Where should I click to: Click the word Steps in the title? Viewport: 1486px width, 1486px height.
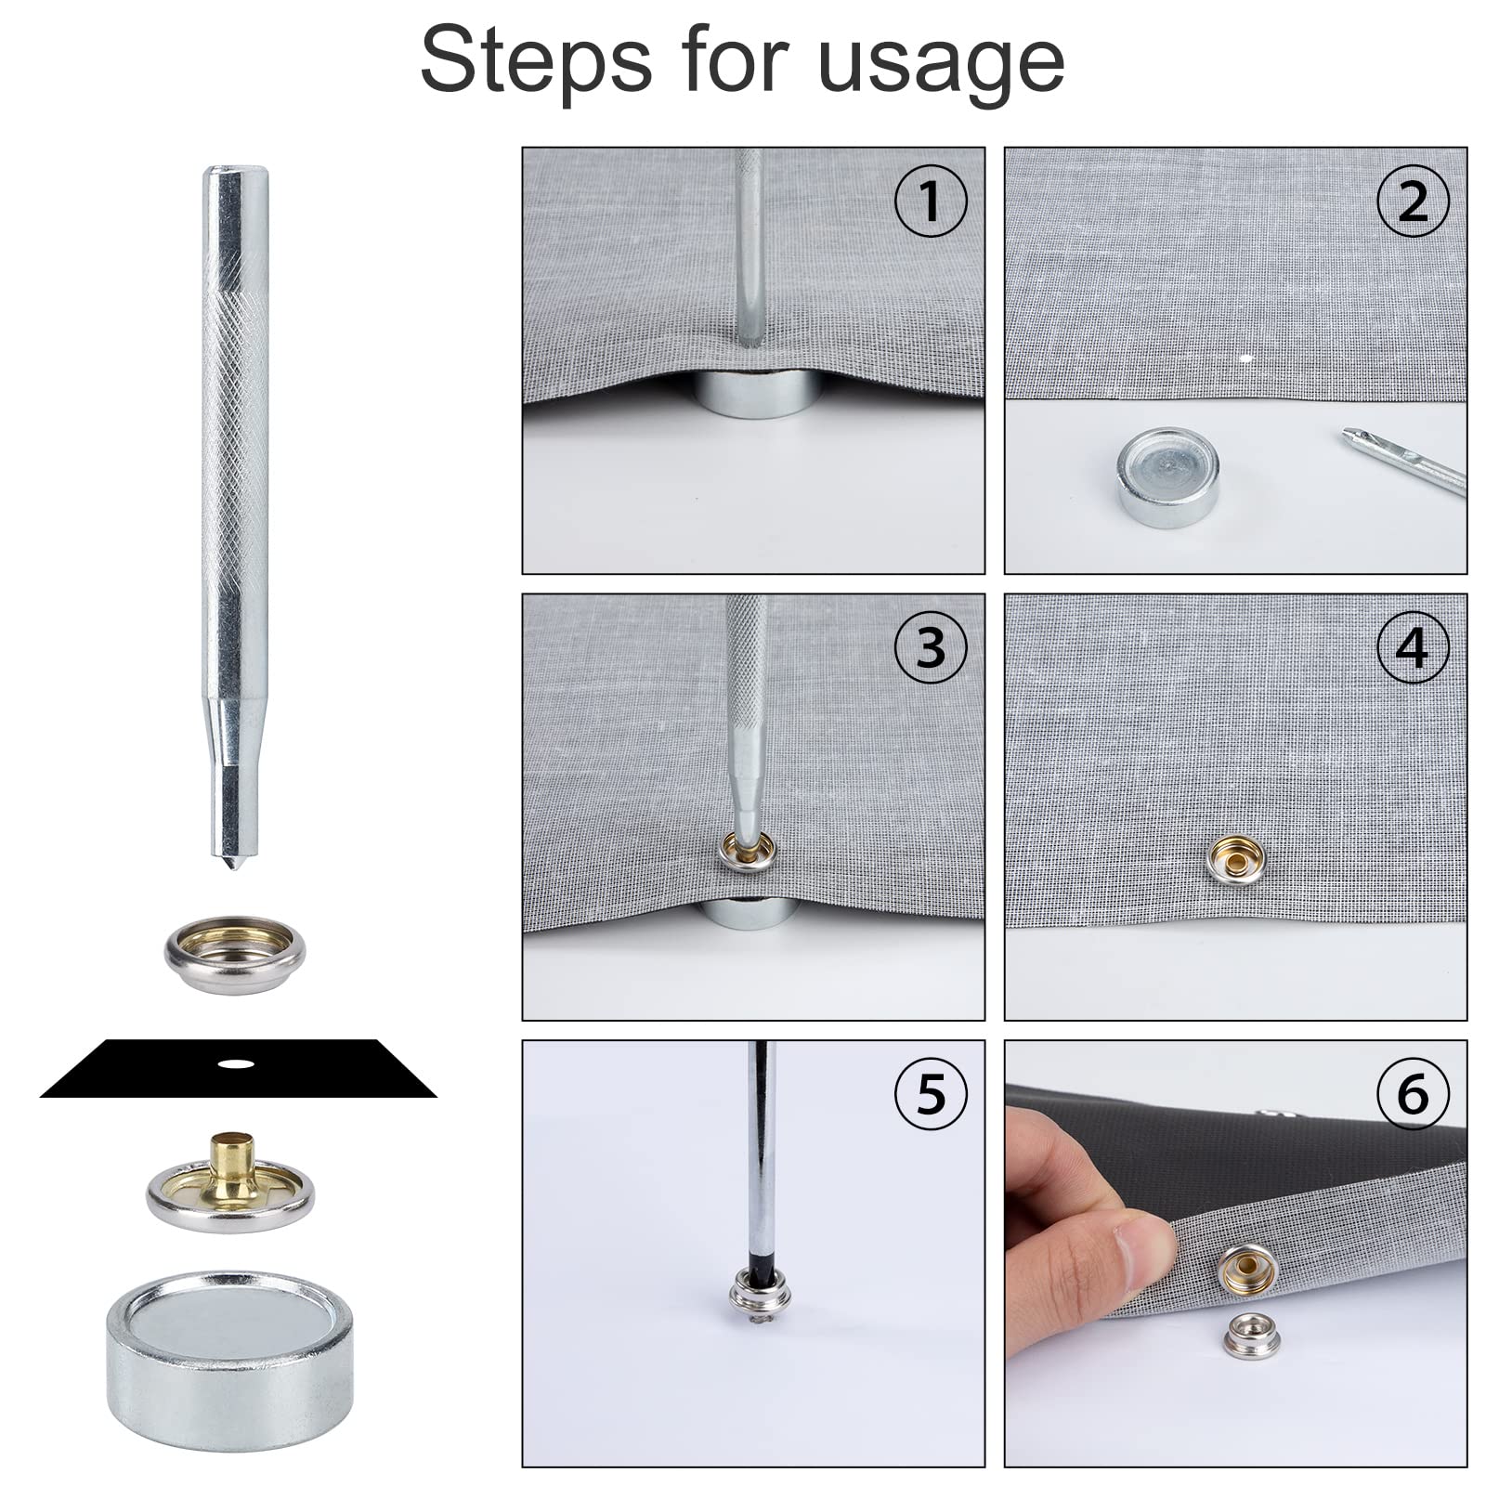pos(537,60)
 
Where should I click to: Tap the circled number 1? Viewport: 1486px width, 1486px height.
pos(931,201)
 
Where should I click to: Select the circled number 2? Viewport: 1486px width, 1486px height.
pos(1413,201)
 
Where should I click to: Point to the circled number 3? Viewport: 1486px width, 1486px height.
pos(931,647)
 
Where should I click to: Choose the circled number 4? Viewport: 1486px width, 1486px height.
pos(1413,647)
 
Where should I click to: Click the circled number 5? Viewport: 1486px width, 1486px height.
pos(931,1093)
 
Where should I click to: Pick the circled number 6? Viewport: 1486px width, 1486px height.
pos(1413,1093)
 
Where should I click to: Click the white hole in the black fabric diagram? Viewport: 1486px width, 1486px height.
pos(236,1063)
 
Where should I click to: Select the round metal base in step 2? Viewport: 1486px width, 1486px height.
pos(1168,477)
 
